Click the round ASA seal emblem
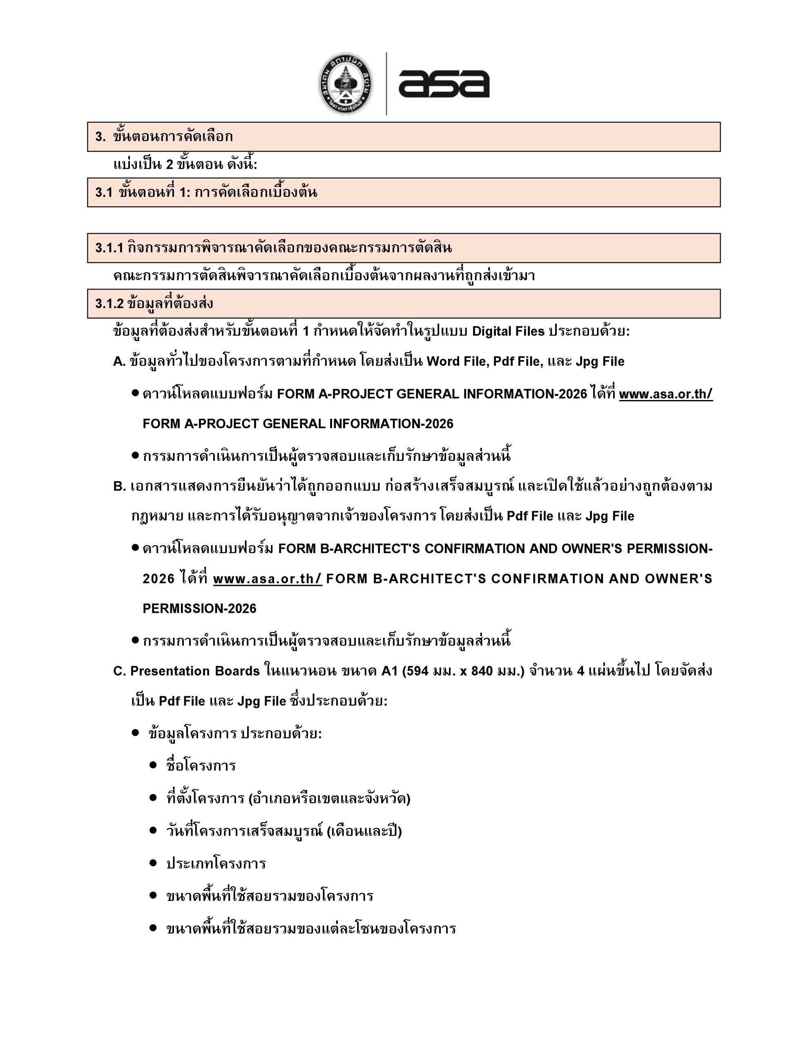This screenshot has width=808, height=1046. (346, 84)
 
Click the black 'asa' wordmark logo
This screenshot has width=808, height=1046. (444, 84)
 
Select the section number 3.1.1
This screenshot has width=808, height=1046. (109, 248)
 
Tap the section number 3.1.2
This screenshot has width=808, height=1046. (109, 304)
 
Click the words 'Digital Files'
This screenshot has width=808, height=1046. (508, 331)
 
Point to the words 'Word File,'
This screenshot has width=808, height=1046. (458, 362)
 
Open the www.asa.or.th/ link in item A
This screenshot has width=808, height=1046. (665, 394)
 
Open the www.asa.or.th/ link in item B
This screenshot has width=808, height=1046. (267, 579)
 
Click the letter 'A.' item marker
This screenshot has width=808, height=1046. (119, 362)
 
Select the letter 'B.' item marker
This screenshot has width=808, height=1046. (119, 487)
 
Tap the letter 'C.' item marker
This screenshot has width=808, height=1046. (119, 671)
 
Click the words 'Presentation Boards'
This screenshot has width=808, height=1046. (195, 671)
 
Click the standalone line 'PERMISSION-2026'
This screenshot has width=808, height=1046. (199, 609)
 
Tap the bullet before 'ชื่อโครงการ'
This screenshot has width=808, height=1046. (153, 765)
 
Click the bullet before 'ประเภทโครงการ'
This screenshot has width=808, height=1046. (153, 863)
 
